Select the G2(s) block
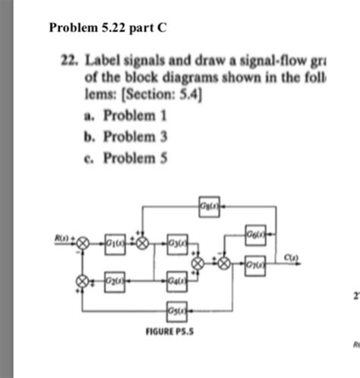pos(115,280)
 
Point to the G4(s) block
pos(176,280)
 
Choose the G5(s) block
pos(176,310)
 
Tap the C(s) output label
pos(289,257)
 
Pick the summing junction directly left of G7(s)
pos(224,263)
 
